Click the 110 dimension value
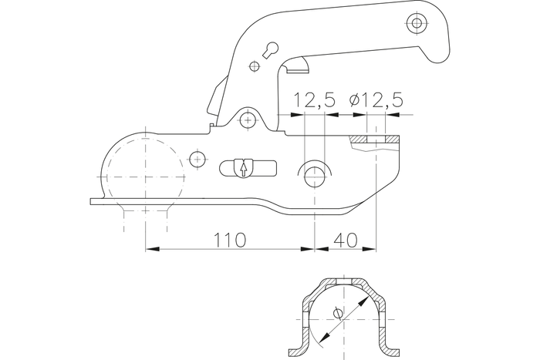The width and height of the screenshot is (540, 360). [229, 240]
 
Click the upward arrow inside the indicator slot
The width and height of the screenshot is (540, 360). [244, 168]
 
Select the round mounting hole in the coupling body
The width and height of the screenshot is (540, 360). [314, 176]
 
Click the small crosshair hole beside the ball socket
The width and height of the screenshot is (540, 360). [198, 160]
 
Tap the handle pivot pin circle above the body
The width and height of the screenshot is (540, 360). [247, 119]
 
